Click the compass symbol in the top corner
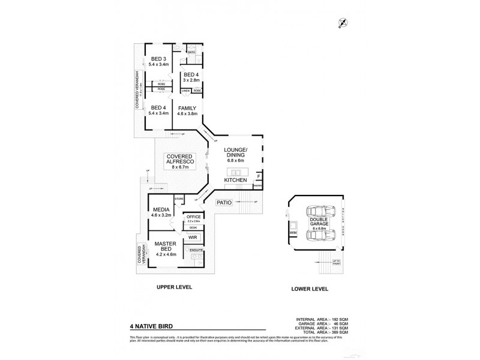pos(343,23)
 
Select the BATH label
pos(191,53)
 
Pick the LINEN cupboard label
pos(186,91)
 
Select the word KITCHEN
pos(235,180)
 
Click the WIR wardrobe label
pos(193,238)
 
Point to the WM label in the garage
pos(293,232)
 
